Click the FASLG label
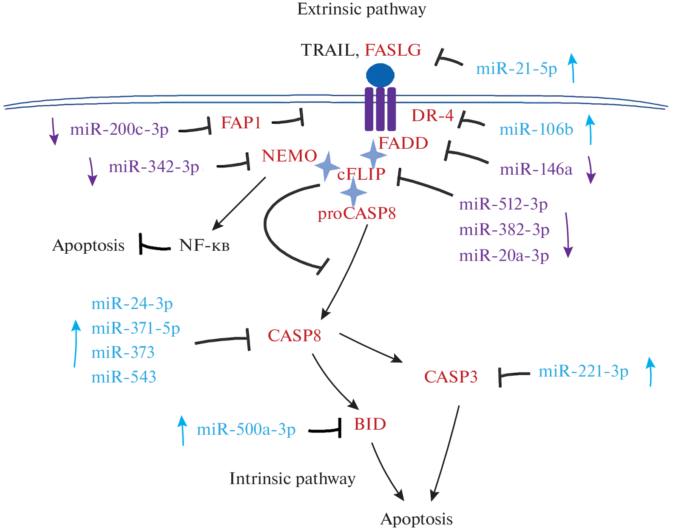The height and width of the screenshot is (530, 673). pos(393,50)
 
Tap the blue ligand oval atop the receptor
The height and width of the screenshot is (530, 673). pos(380,75)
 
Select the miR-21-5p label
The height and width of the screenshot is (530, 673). pos(516,68)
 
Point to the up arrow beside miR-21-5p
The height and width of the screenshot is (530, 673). pos(573,68)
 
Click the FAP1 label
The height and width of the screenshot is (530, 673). pos(241,123)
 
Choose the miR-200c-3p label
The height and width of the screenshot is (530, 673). pos(119,129)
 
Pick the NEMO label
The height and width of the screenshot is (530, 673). pos(289,156)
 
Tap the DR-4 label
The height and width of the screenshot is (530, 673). pos(432,115)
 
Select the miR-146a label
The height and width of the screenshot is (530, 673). pos(536,170)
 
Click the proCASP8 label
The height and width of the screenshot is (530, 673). pos(357,213)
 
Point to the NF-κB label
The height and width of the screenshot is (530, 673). pos(204,245)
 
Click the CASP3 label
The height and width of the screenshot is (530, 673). pos(451,377)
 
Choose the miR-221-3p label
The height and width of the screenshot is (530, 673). pos(583,371)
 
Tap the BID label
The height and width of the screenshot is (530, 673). pos(370,424)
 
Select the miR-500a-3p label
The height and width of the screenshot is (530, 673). pos(246,430)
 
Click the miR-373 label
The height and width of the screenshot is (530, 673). pos(123,352)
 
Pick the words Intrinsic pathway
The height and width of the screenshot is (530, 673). pos(292,479)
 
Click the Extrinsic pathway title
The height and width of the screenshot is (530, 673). pos(361,9)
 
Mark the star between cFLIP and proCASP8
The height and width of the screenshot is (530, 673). pos(353,192)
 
